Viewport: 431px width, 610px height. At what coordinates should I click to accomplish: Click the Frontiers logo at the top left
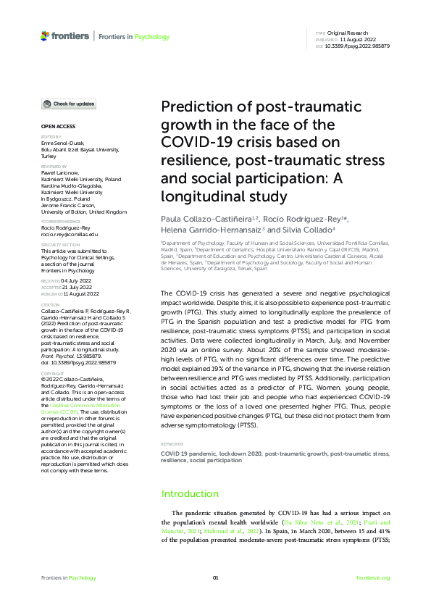(64, 35)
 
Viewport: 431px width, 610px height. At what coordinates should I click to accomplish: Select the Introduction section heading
(189, 493)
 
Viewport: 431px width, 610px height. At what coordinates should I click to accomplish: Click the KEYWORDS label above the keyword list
(171, 443)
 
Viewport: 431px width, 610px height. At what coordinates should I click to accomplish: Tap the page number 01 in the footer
(215, 577)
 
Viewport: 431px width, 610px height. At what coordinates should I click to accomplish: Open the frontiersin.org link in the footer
(373, 577)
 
